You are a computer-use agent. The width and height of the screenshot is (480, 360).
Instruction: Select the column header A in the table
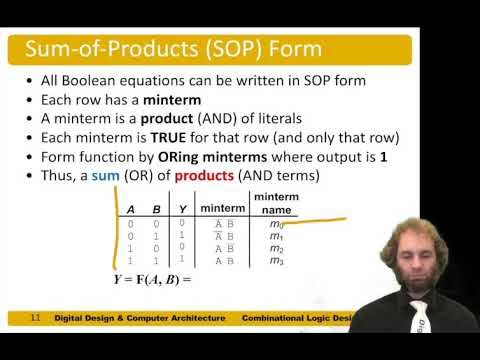coord(130,209)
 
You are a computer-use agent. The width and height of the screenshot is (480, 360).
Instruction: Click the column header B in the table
coord(158,209)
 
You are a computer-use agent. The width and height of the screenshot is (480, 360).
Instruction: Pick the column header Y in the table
coord(181,209)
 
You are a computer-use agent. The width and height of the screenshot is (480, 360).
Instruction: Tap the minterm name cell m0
coord(276,224)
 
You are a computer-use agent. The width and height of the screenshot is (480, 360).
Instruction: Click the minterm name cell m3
coord(276,260)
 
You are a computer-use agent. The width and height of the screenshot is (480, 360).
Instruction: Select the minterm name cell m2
coord(276,248)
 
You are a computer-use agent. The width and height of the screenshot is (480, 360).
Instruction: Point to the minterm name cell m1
coord(276,236)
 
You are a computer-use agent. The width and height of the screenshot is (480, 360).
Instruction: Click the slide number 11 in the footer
coord(35,318)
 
